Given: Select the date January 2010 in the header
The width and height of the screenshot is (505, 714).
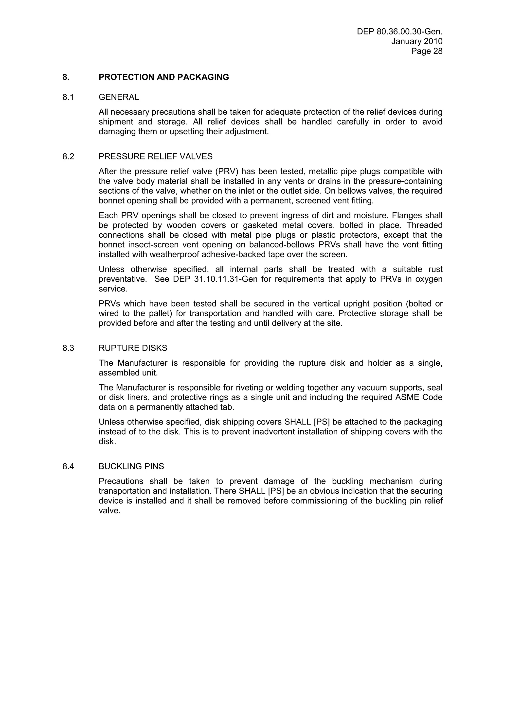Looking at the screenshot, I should (417, 41).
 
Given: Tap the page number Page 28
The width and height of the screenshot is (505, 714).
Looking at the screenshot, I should (427, 51).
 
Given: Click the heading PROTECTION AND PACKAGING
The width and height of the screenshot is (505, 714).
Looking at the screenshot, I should (164, 77).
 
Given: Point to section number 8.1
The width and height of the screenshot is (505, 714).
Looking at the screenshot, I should (68, 97).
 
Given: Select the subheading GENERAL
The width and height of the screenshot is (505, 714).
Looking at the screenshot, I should (119, 97).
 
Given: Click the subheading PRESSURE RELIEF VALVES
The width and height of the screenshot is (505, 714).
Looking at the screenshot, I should (155, 156).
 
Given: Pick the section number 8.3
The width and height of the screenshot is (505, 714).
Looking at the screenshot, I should (68, 348).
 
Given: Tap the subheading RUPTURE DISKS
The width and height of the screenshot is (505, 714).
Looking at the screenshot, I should (133, 348).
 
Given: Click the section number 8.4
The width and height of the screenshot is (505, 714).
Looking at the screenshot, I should (68, 466).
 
